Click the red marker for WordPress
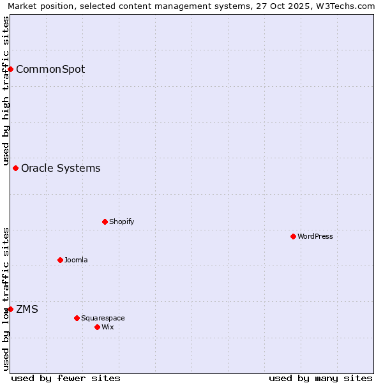point(293,236)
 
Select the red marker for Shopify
point(105,222)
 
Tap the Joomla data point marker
point(60,260)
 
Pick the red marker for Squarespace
point(77,318)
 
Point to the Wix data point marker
point(97,327)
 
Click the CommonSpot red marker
point(11,69)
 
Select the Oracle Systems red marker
point(16,168)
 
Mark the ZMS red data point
point(11,309)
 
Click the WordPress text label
point(315,236)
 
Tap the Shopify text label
point(121,222)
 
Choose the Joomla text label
point(76,260)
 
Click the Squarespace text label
point(103,318)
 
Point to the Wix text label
point(107,327)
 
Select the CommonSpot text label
point(50,69)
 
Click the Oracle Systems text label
point(61,168)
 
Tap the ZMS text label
point(27,309)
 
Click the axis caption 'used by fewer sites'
point(66,378)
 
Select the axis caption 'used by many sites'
point(320,378)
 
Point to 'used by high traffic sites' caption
point(6,91)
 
